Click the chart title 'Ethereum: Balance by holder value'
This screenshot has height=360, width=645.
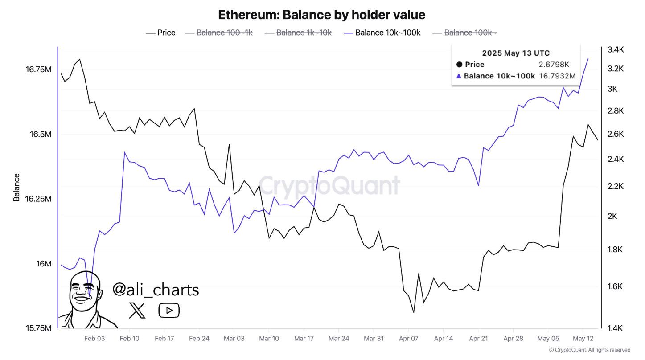point(321,15)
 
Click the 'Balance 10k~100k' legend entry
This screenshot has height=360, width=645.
point(382,33)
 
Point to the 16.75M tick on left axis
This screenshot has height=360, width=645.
point(38,70)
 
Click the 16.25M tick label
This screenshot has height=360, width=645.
point(38,199)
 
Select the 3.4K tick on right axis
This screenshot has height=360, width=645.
point(616,49)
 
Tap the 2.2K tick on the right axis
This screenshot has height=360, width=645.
point(616,186)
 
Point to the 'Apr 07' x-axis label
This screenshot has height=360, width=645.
point(408,339)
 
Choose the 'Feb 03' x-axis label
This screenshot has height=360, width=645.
point(94,339)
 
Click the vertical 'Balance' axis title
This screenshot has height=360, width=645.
point(16,187)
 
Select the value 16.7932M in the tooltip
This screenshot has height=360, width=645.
point(557,76)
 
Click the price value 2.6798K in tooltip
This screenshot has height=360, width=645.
point(554,65)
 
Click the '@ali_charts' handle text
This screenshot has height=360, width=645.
point(156,290)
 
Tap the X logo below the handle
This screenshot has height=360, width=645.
point(137,310)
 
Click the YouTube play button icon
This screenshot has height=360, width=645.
point(169,311)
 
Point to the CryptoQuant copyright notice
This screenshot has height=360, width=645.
point(589,350)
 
